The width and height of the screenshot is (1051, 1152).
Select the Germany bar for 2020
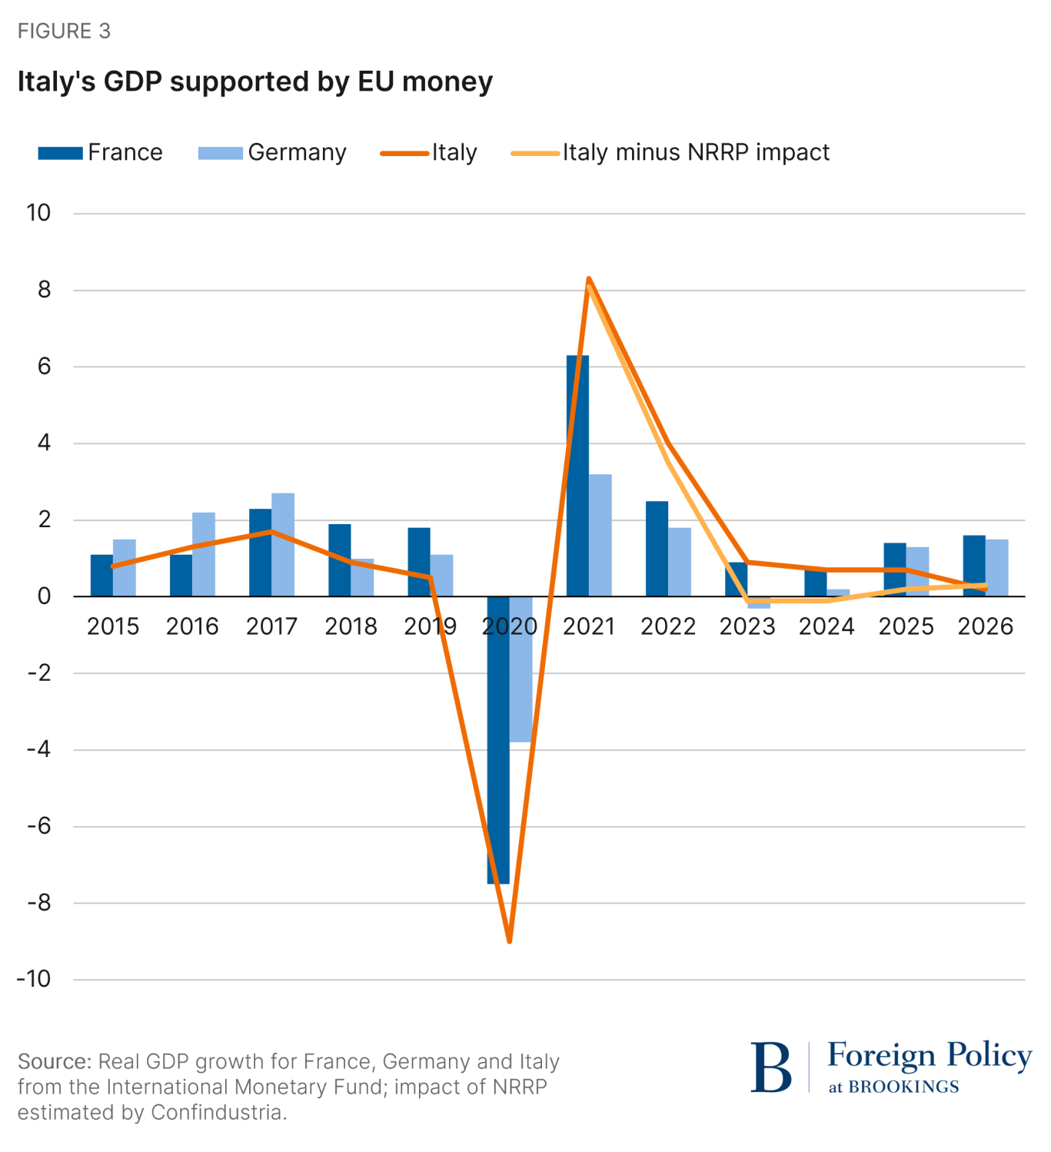pos(522,669)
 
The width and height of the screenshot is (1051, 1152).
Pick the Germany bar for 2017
pos(283,544)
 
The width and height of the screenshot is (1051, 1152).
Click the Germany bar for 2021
pos(601,535)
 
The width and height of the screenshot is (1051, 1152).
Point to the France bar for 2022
pos(657,548)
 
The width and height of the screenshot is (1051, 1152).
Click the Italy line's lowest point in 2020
pos(509,940)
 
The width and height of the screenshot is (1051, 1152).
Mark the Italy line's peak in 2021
pos(588,279)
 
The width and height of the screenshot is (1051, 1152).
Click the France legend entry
pos(101,152)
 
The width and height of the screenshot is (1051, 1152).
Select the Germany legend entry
pos(272,152)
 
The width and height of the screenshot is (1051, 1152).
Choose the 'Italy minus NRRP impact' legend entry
pos(670,152)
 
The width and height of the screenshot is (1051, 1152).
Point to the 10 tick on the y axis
pos(38,213)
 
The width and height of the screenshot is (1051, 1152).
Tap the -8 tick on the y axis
pos(38,903)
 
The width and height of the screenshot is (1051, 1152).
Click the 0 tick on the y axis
pos(44,596)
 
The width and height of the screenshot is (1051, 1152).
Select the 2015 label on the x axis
pos(113,626)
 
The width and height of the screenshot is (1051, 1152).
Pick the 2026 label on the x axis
pos(986,626)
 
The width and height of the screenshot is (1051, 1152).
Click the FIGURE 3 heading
pos(64,31)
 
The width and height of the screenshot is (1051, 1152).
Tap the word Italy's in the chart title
pos(57,81)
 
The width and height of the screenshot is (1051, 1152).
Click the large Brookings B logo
pos(771,1067)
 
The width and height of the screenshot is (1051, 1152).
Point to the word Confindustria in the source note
pos(217,1112)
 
